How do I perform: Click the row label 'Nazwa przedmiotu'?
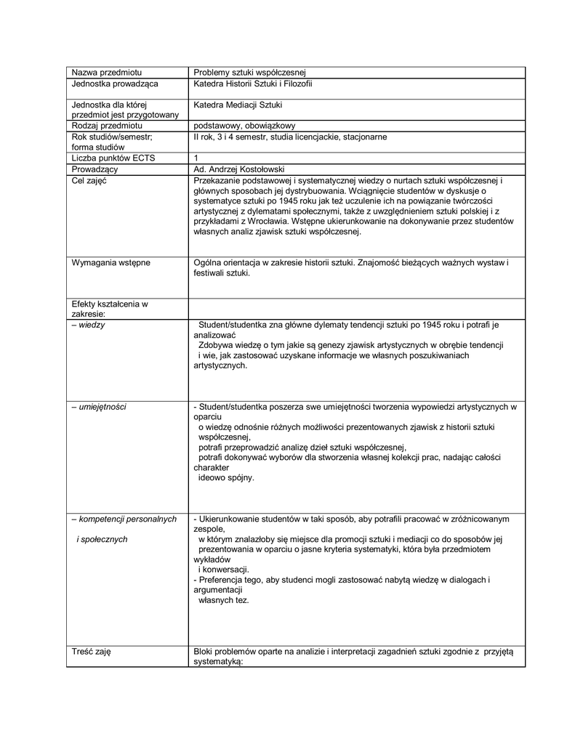(106, 73)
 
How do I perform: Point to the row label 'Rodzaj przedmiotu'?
(107, 126)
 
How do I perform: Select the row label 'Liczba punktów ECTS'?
(113, 158)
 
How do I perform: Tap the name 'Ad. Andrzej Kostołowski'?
(238, 169)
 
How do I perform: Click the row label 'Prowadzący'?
(95, 169)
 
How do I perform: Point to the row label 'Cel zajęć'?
(89, 180)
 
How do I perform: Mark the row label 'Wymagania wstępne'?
(110, 262)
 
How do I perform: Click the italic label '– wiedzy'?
(88, 325)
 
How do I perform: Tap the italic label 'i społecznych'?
(102, 539)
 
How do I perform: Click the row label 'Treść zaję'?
(91, 651)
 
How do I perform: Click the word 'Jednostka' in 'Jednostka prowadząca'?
(90, 84)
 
